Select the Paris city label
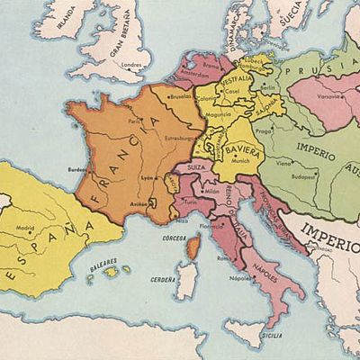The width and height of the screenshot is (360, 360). (x=135, y=121)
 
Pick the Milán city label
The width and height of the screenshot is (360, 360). (x=212, y=192)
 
